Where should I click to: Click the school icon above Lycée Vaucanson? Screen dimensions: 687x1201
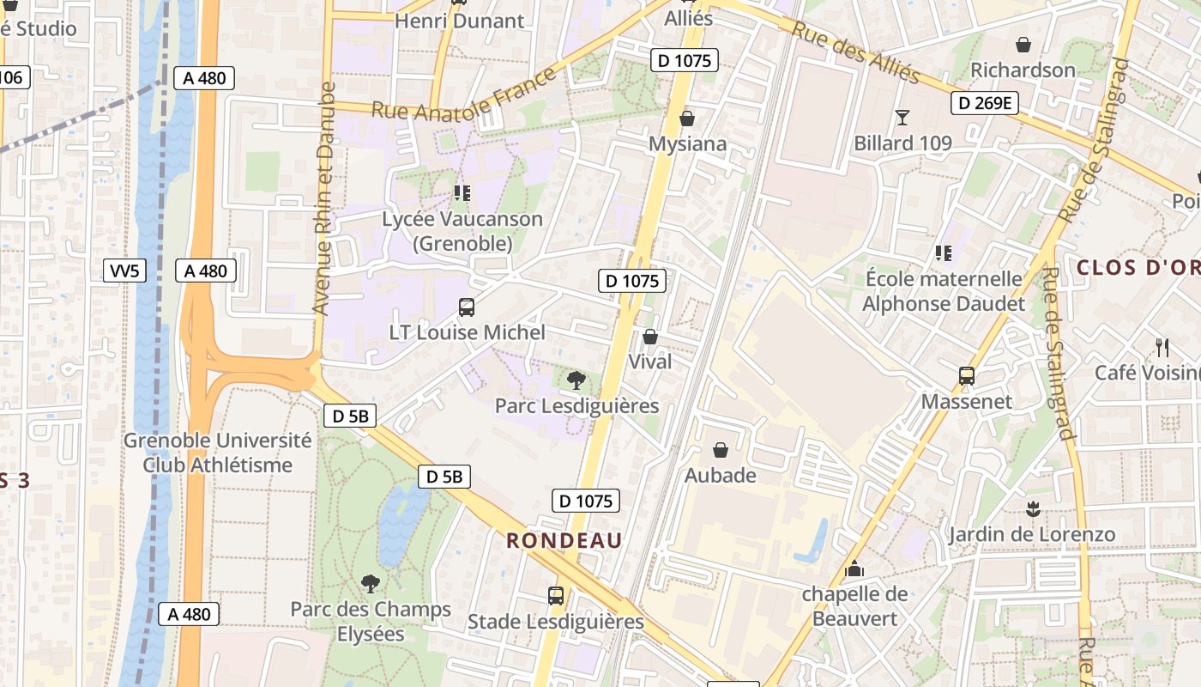pos(462,193)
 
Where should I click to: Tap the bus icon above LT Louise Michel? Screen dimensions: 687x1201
pos(467,307)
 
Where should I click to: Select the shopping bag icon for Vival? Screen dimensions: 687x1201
pos(650,337)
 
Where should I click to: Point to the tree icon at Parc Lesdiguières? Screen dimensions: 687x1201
pos(576,380)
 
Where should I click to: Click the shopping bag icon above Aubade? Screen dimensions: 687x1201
pos(721,450)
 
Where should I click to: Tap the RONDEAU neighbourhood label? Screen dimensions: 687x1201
pos(564,540)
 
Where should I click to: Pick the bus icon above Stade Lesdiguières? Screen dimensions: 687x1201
pos(556,595)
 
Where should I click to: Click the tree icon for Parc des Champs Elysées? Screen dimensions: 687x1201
pos(371,584)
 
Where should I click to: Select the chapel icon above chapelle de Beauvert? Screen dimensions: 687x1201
pos(854,568)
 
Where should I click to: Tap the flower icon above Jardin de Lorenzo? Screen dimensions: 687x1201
pos(1033,509)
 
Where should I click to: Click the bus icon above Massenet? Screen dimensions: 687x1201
pos(967,376)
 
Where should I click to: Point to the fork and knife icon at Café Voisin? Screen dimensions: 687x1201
pos(1162,347)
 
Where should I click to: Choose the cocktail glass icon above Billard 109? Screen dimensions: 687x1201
pos(902,117)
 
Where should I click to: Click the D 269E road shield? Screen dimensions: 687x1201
pos(984,104)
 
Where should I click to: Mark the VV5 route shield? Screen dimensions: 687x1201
pos(124,271)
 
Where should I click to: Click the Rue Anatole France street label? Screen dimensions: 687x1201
pos(464,95)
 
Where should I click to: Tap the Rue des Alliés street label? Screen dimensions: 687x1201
pos(855,52)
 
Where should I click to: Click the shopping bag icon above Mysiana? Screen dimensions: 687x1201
pos(687,119)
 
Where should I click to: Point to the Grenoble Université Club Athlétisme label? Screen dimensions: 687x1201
pos(218,453)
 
